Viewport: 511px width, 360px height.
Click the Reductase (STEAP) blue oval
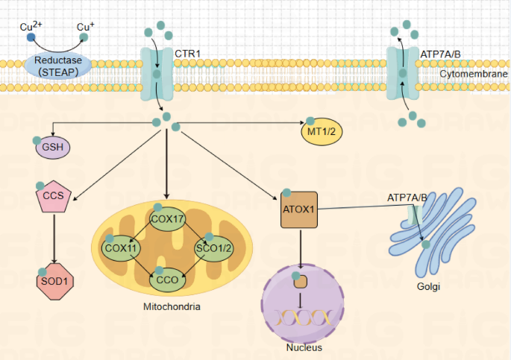point(59,65)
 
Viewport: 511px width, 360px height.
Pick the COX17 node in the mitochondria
point(167,218)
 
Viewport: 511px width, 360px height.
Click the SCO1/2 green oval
point(213,248)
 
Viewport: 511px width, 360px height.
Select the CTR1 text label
point(187,54)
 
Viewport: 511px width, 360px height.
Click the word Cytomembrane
point(473,75)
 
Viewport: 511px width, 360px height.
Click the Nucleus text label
point(304,347)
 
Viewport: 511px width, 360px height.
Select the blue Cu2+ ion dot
point(31,37)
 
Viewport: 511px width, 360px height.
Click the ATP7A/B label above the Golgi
point(407,198)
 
